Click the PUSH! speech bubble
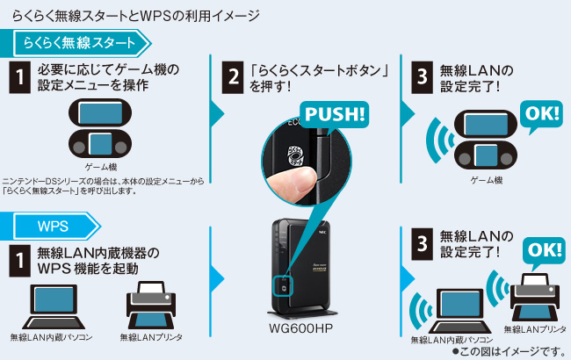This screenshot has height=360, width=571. click(x=334, y=115)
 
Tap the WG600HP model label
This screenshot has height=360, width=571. click(x=300, y=328)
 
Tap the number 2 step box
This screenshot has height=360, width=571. click(x=233, y=77)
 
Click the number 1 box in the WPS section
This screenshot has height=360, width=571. click(x=19, y=261)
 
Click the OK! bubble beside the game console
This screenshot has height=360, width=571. click(x=541, y=115)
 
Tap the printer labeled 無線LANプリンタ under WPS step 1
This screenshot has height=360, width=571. click(x=151, y=305)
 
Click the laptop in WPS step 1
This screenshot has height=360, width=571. click(x=54, y=306)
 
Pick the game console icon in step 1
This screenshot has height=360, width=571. click(x=100, y=129)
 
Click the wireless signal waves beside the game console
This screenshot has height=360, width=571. click(x=439, y=140)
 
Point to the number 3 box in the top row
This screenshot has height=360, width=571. click(x=422, y=77)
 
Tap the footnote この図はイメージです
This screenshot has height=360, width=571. click(x=509, y=351)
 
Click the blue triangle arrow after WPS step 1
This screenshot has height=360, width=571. click(x=217, y=278)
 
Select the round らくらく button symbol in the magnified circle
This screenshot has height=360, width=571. click(x=295, y=156)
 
